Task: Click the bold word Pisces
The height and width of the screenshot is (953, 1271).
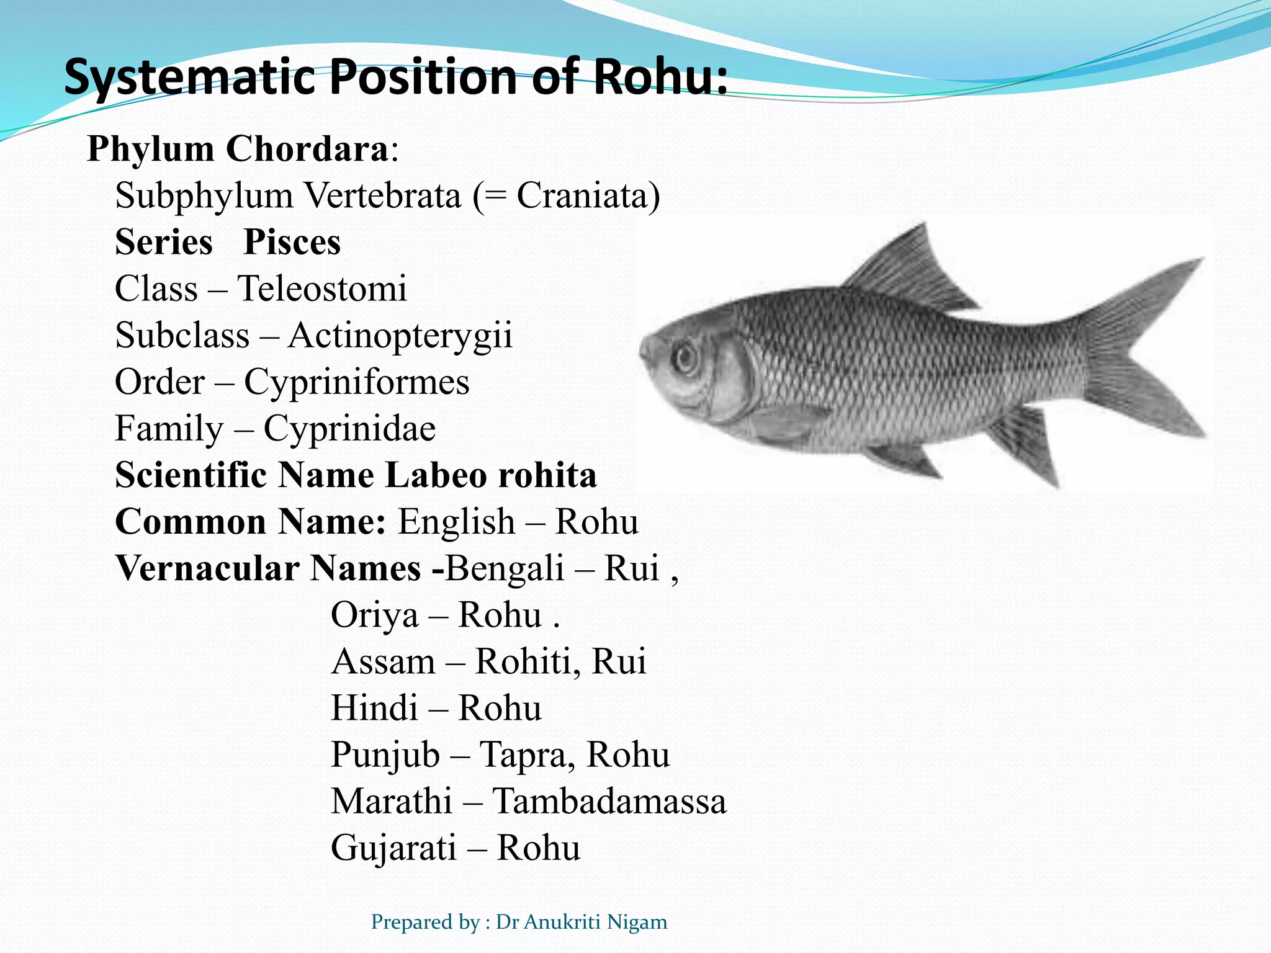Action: [292, 242]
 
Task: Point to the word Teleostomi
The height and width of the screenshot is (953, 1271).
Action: [322, 289]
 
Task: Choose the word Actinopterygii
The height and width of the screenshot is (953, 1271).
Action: [400, 336]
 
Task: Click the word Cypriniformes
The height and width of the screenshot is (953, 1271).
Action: [357, 382]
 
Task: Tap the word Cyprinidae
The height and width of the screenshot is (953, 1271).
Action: [349, 429]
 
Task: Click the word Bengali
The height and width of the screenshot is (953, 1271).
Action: [505, 568]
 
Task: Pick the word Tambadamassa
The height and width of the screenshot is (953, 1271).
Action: [609, 801]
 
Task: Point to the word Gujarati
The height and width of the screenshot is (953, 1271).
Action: [393, 848]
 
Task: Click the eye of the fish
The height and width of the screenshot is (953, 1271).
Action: [686, 358]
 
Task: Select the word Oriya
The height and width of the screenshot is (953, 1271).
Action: [374, 615]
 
